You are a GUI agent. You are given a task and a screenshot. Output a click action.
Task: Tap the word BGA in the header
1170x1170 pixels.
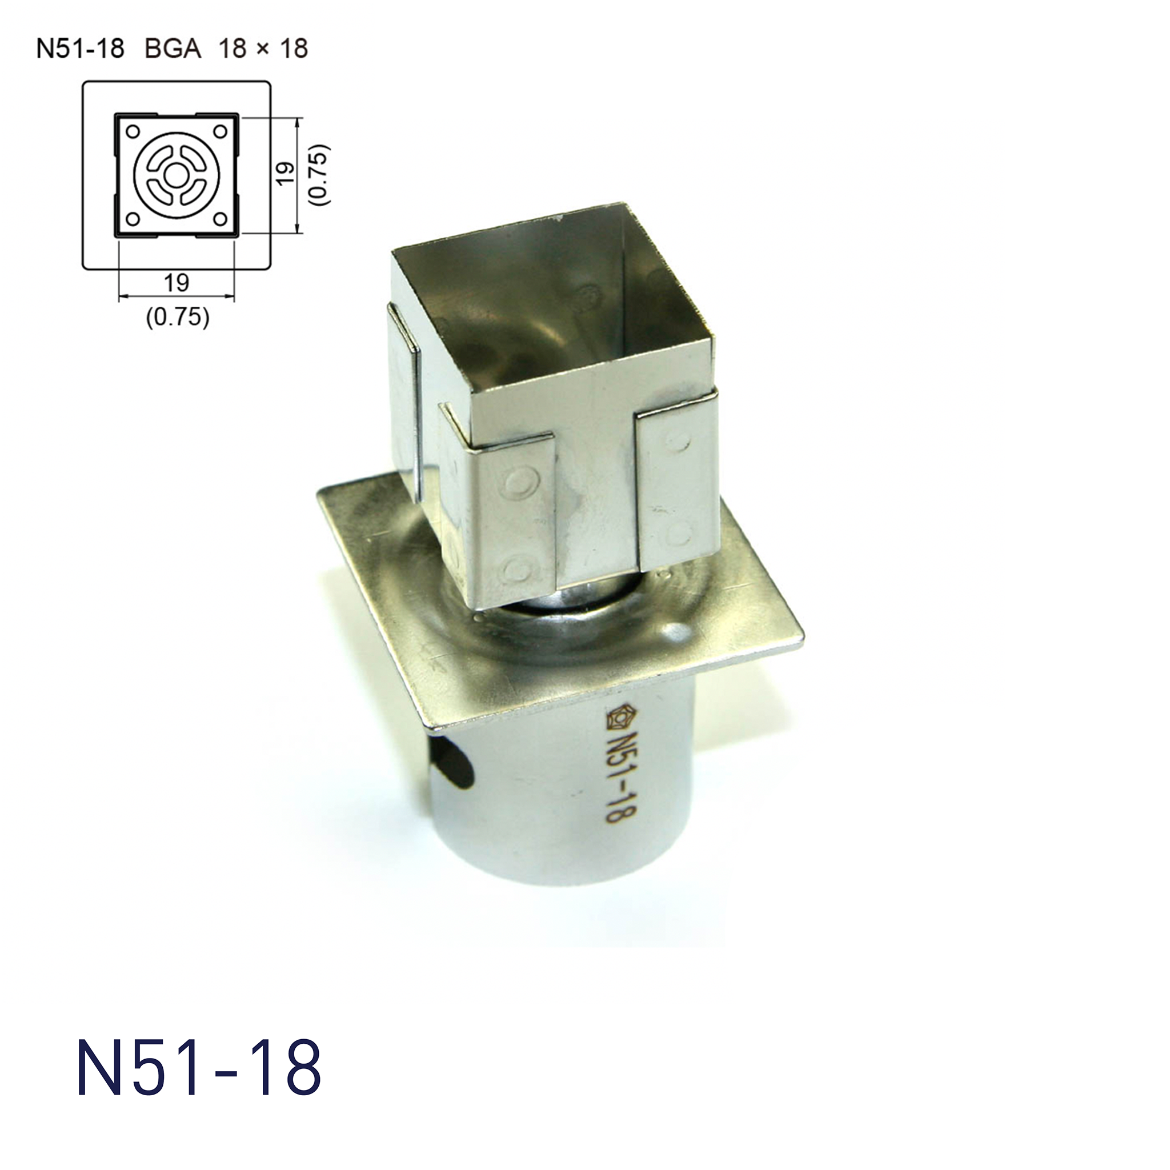[173, 49]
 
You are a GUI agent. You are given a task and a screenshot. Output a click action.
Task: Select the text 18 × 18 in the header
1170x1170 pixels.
[263, 49]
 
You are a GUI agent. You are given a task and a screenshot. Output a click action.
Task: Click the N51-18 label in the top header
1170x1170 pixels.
[80, 49]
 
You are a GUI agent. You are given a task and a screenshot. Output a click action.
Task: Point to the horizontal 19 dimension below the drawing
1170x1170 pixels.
[176, 282]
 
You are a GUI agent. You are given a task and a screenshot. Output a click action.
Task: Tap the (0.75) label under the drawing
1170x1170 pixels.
[178, 317]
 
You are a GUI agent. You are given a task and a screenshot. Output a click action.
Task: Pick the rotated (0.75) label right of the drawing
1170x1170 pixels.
[319, 174]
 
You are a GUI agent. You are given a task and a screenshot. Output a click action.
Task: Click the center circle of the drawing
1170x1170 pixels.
[176, 176]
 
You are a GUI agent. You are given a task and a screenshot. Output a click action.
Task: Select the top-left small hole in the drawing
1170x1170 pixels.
[133, 130]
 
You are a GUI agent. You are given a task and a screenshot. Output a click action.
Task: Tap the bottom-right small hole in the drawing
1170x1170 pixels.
[221, 218]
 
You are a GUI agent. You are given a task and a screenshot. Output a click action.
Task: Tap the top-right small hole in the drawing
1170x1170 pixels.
[221, 130]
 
